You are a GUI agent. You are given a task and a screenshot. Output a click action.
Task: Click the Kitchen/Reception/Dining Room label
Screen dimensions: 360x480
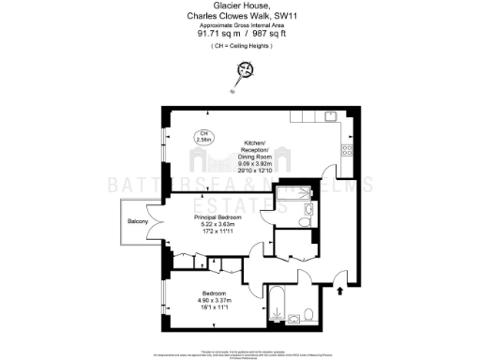coord(256,147)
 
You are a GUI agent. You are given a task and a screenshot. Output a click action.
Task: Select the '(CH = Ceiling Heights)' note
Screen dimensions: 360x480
coord(241,44)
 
